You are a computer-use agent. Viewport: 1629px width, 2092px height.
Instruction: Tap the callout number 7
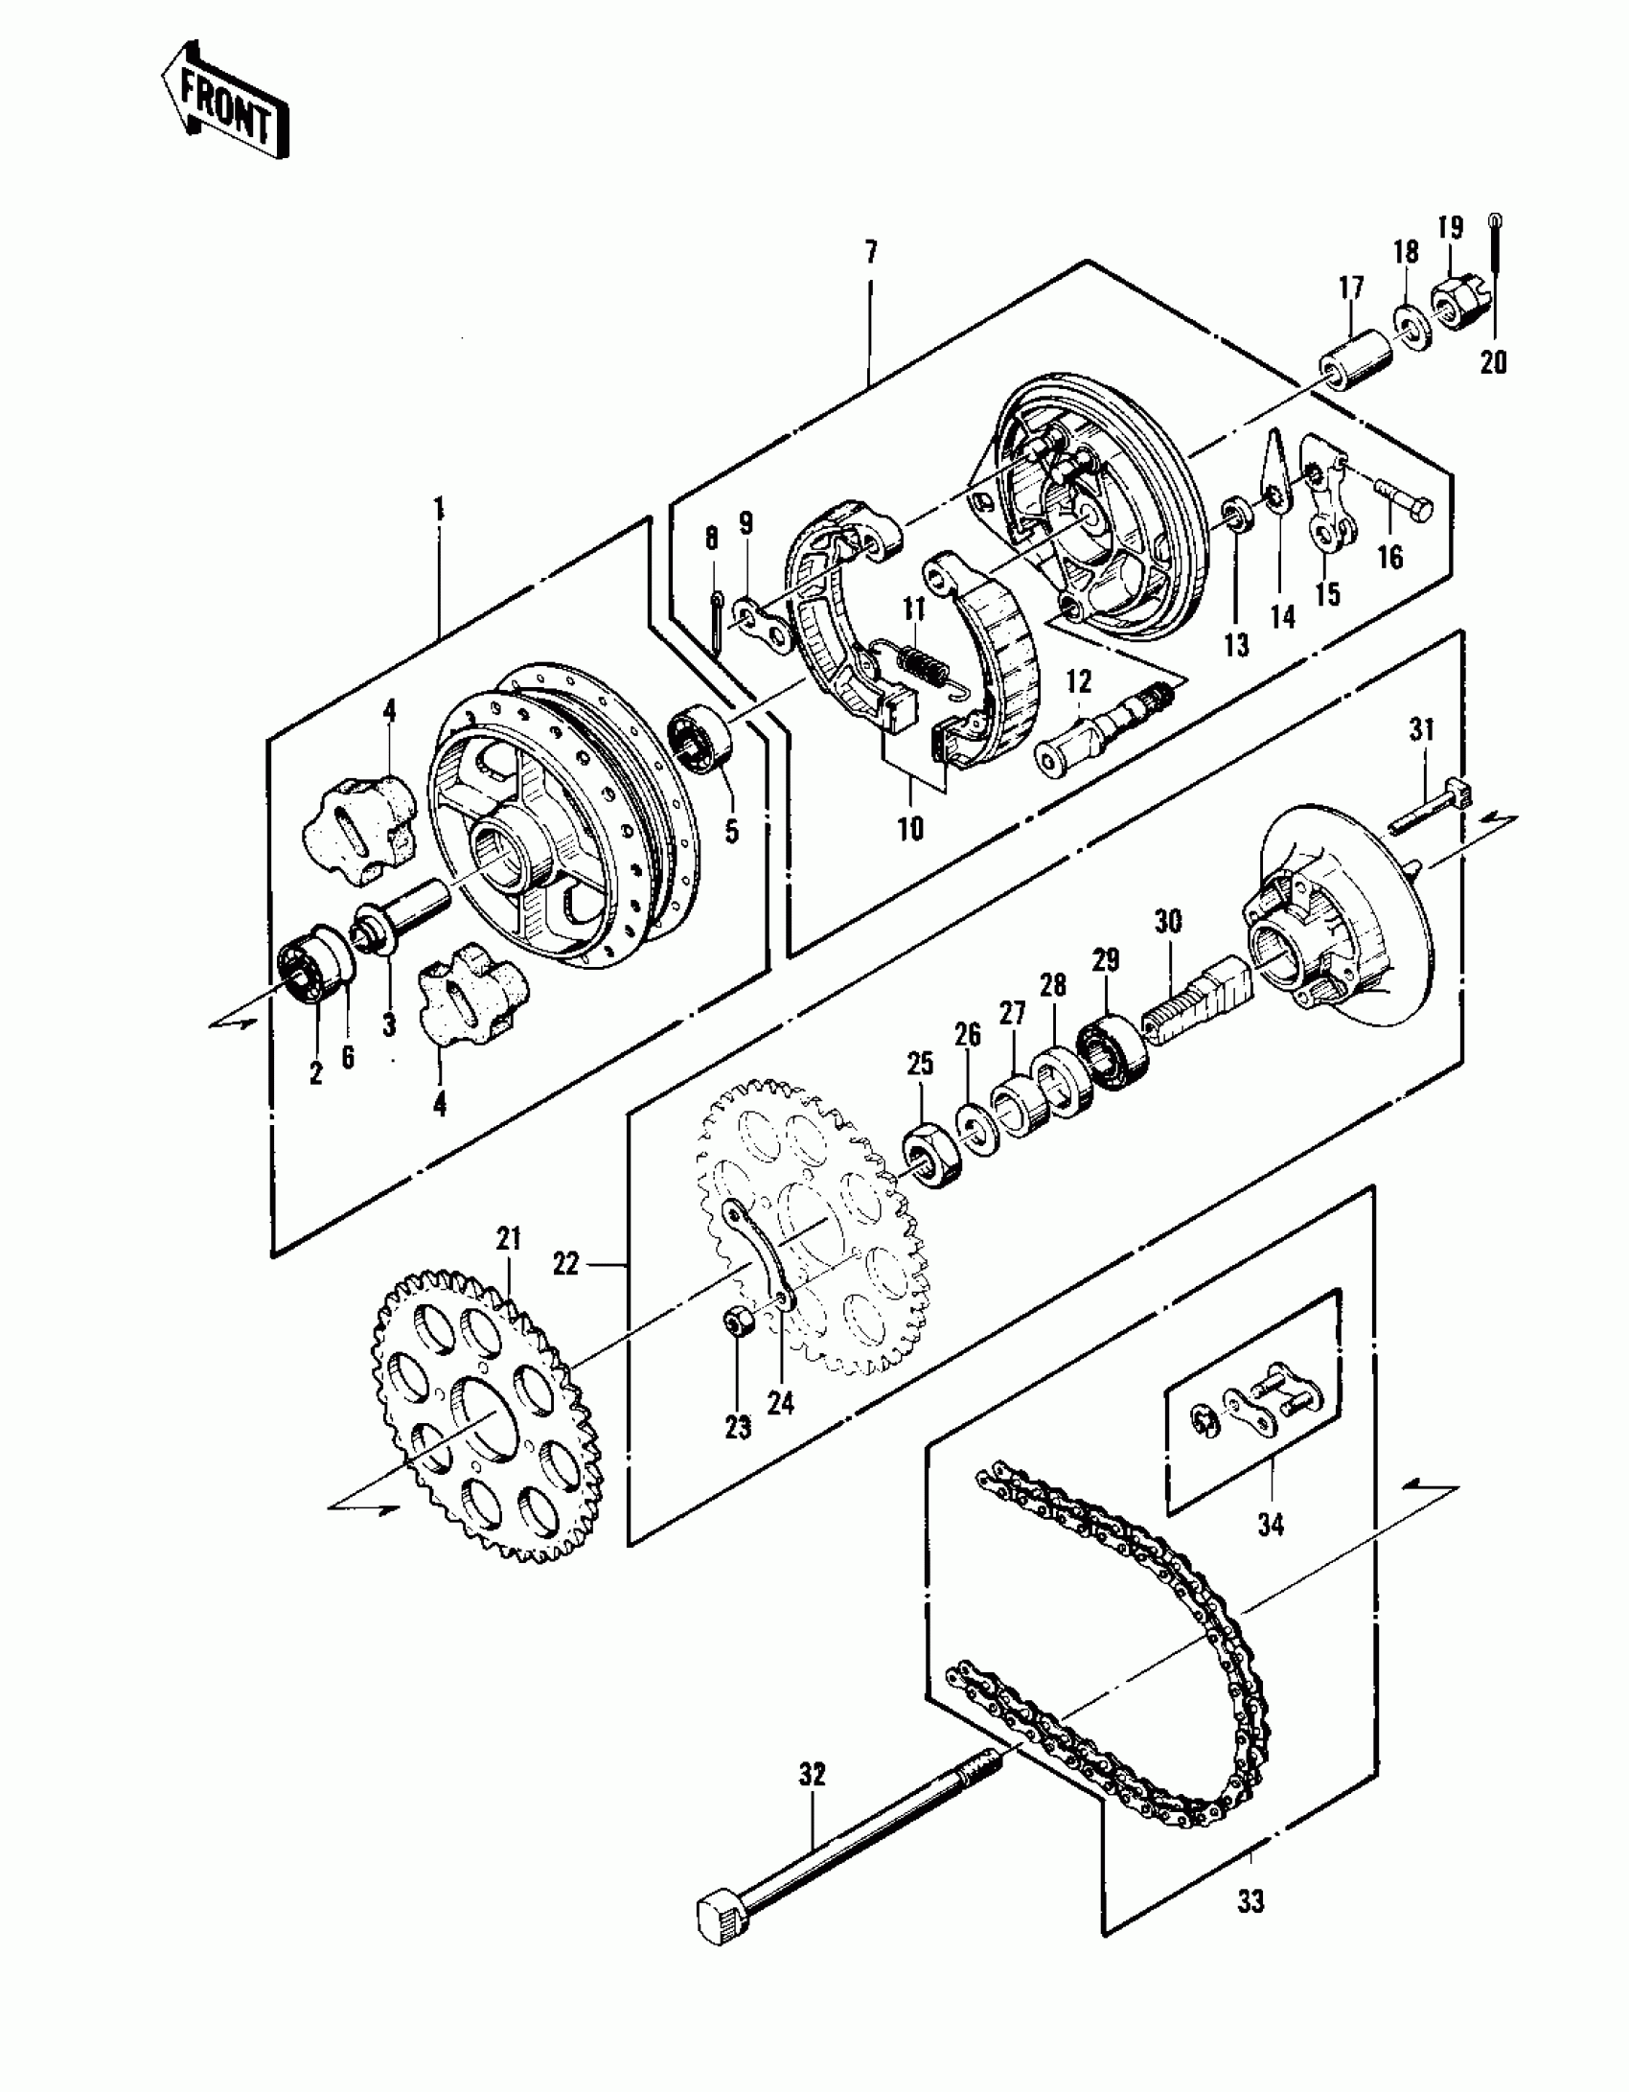[870, 254]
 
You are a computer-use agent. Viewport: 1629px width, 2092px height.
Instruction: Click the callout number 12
[1078, 681]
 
